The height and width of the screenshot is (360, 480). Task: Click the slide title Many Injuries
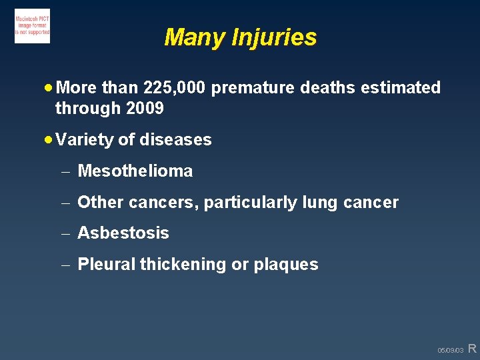point(240,37)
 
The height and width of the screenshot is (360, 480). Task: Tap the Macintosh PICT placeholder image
point(32,26)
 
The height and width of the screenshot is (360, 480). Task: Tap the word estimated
point(401,87)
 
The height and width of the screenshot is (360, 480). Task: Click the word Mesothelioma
point(135,171)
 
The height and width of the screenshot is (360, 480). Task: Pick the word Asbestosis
point(123,233)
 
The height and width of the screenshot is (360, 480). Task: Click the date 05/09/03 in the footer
point(450,350)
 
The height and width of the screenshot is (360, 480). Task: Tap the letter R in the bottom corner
point(472,348)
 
